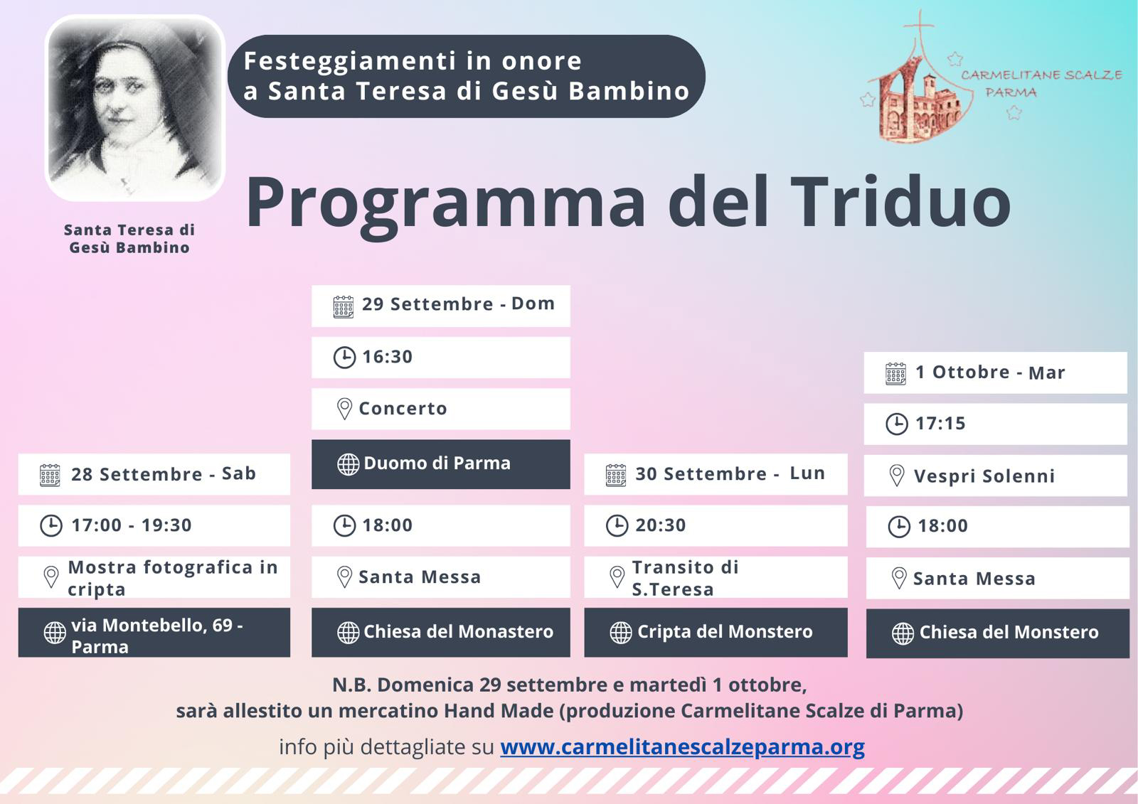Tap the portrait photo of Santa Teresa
click(x=134, y=108)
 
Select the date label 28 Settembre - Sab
click(x=163, y=474)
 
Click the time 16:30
click(x=387, y=357)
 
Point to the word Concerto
click(x=403, y=409)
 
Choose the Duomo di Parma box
click(x=440, y=464)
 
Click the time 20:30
click(x=661, y=525)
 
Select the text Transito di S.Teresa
click(x=686, y=578)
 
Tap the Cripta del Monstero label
click(x=725, y=632)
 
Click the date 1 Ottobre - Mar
click(x=990, y=372)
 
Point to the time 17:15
click(x=940, y=424)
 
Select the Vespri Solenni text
click(x=984, y=476)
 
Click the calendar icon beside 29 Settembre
click(x=344, y=307)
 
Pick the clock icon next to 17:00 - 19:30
click(x=51, y=525)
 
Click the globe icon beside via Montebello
click(x=55, y=633)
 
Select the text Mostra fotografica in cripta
click(x=173, y=578)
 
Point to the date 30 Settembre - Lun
click(x=730, y=474)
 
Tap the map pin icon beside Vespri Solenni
click(x=897, y=476)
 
